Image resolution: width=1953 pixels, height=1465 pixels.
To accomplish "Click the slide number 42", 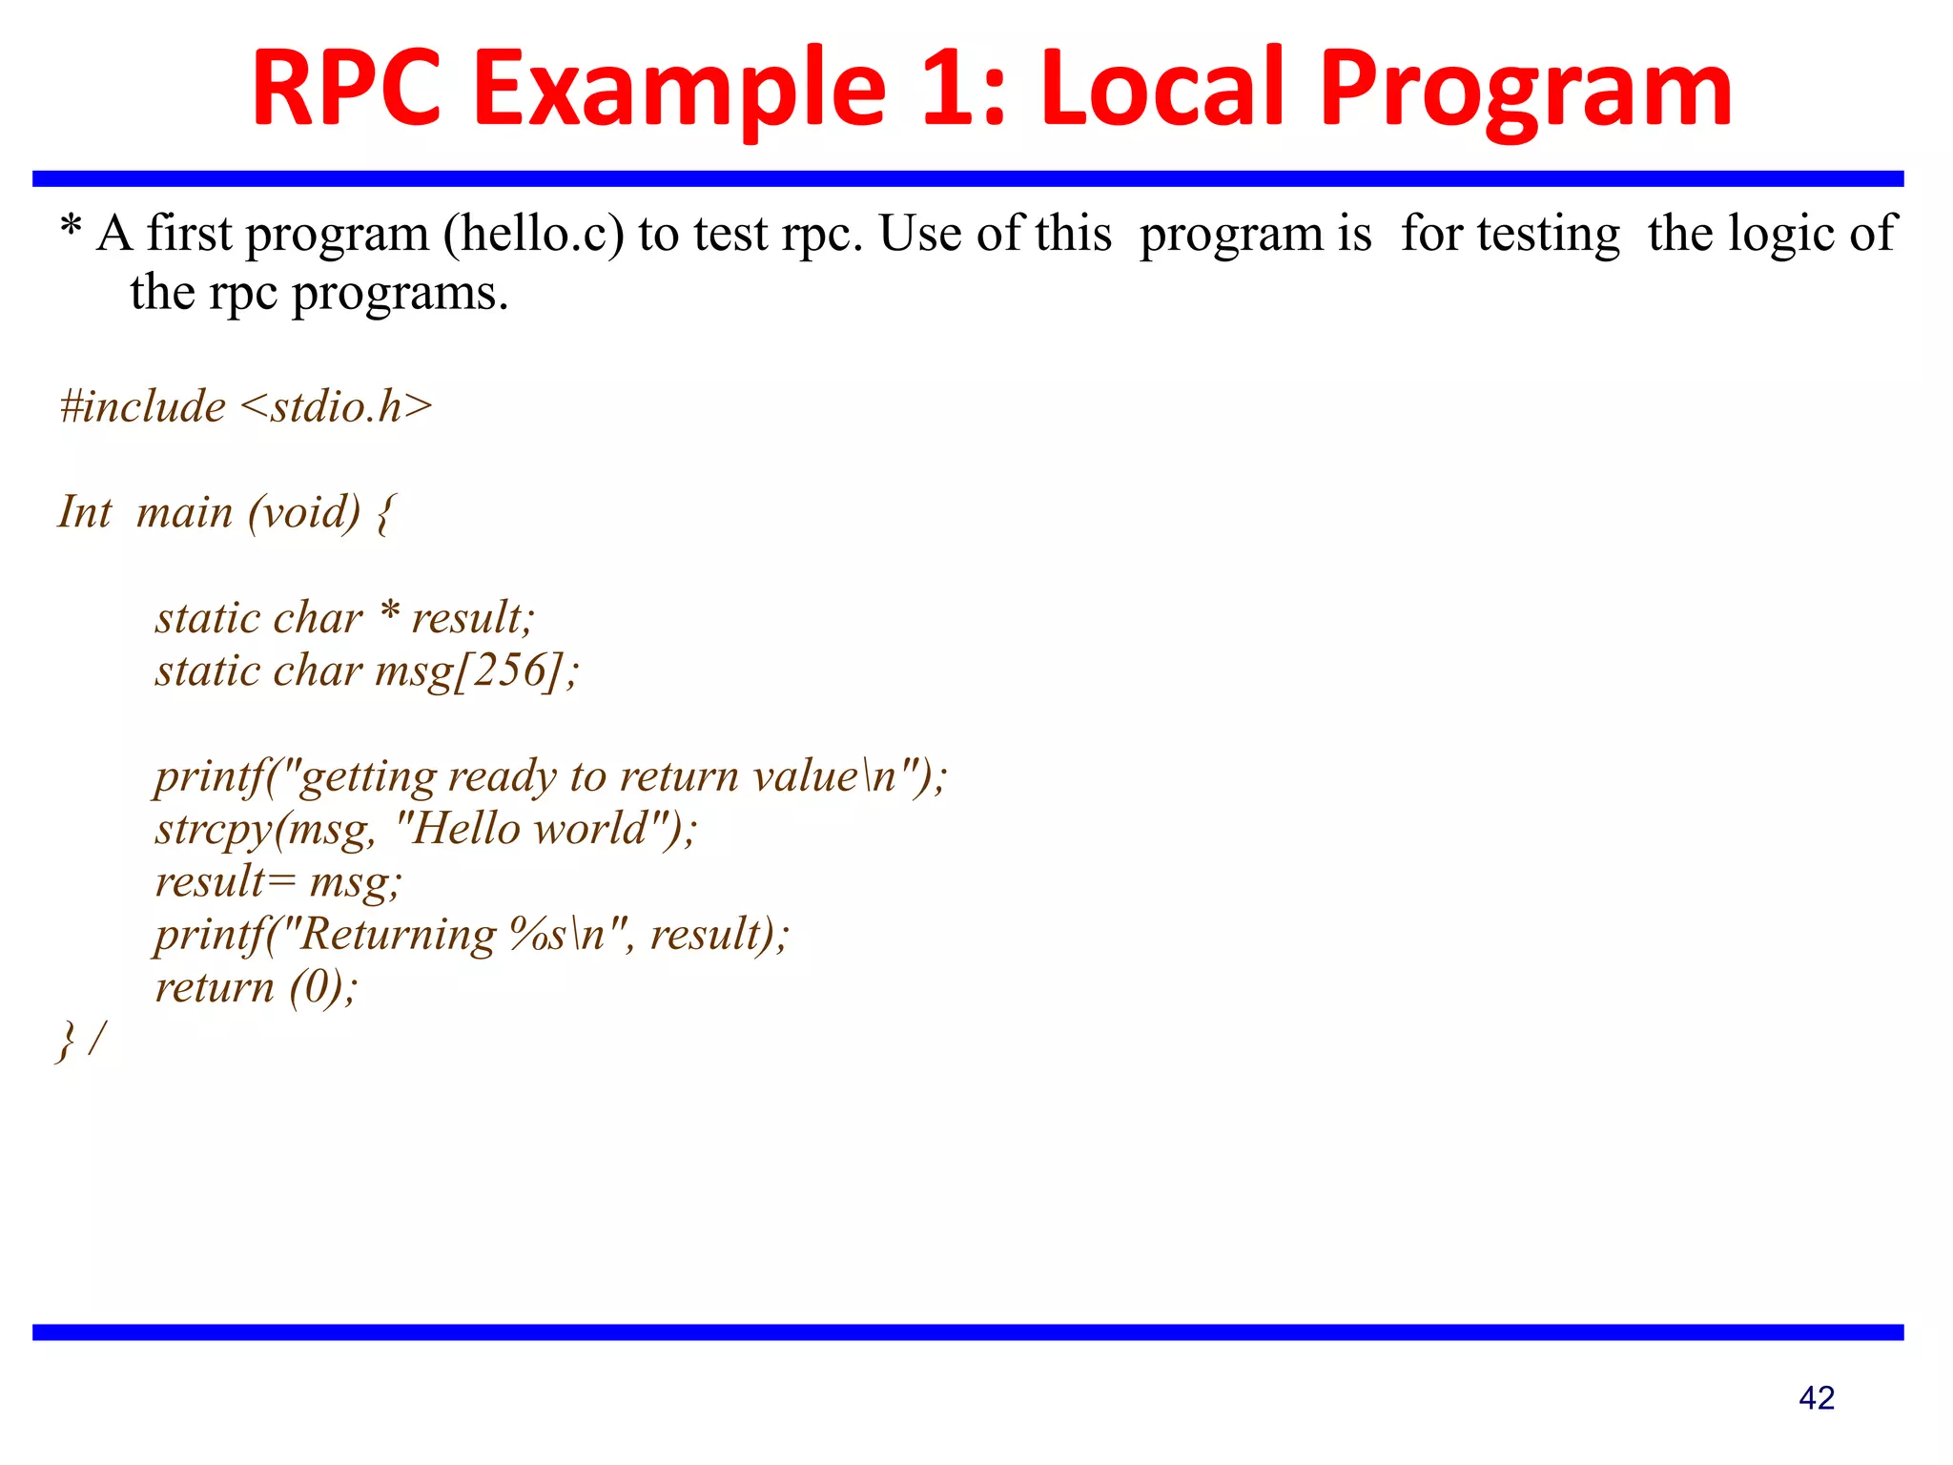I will [1816, 1398].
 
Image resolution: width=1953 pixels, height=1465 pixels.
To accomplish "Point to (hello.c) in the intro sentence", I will [534, 235].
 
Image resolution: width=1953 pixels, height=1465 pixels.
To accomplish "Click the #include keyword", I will [143, 406].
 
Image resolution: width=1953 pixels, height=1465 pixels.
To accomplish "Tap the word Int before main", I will [85, 512].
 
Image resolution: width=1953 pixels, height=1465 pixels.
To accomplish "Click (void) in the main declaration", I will [304, 513].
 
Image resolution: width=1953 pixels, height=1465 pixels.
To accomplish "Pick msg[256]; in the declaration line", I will [477, 671].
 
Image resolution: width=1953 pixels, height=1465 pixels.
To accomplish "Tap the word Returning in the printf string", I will [399, 935].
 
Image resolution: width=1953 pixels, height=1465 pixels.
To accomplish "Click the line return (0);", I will [256, 987].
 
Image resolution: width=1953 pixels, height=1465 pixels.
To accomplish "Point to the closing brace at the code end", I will [66, 1041].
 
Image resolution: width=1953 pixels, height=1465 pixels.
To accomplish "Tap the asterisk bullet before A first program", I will [71, 230].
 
